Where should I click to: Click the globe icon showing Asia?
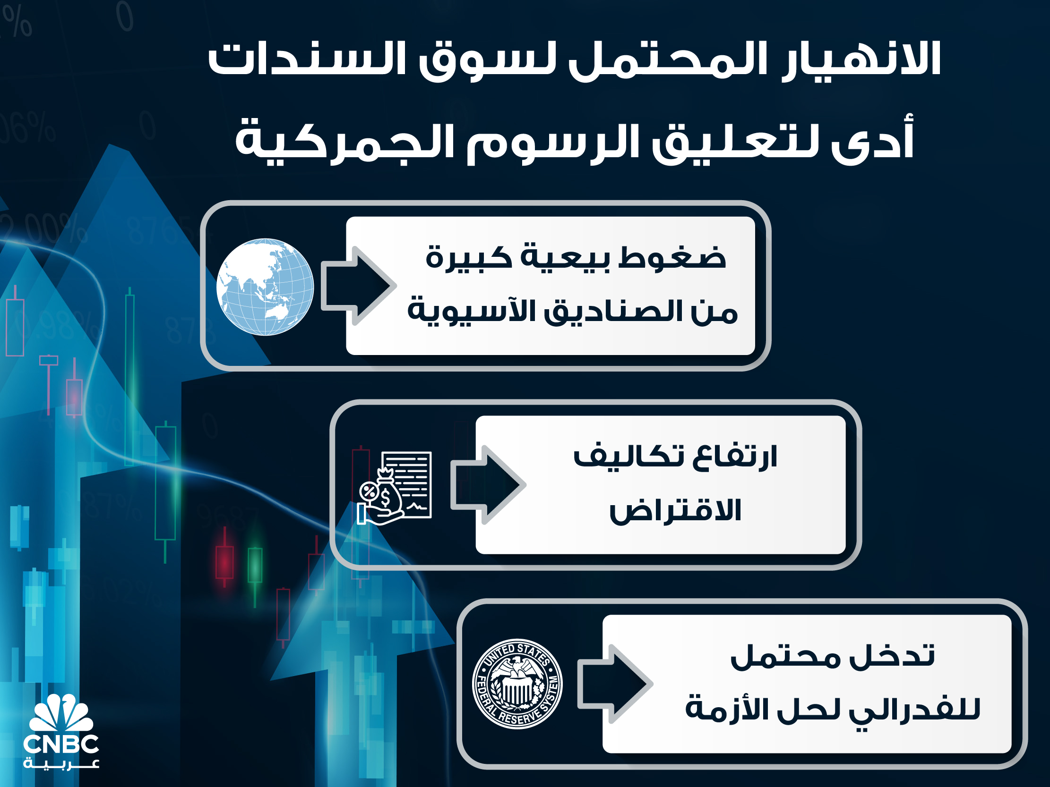(x=265, y=287)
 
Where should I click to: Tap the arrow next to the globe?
(x=358, y=286)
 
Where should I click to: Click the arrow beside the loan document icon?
(x=488, y=485)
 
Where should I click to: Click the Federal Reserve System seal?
(x=517, y=684)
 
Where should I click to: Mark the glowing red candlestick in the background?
(x=224, y=562)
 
